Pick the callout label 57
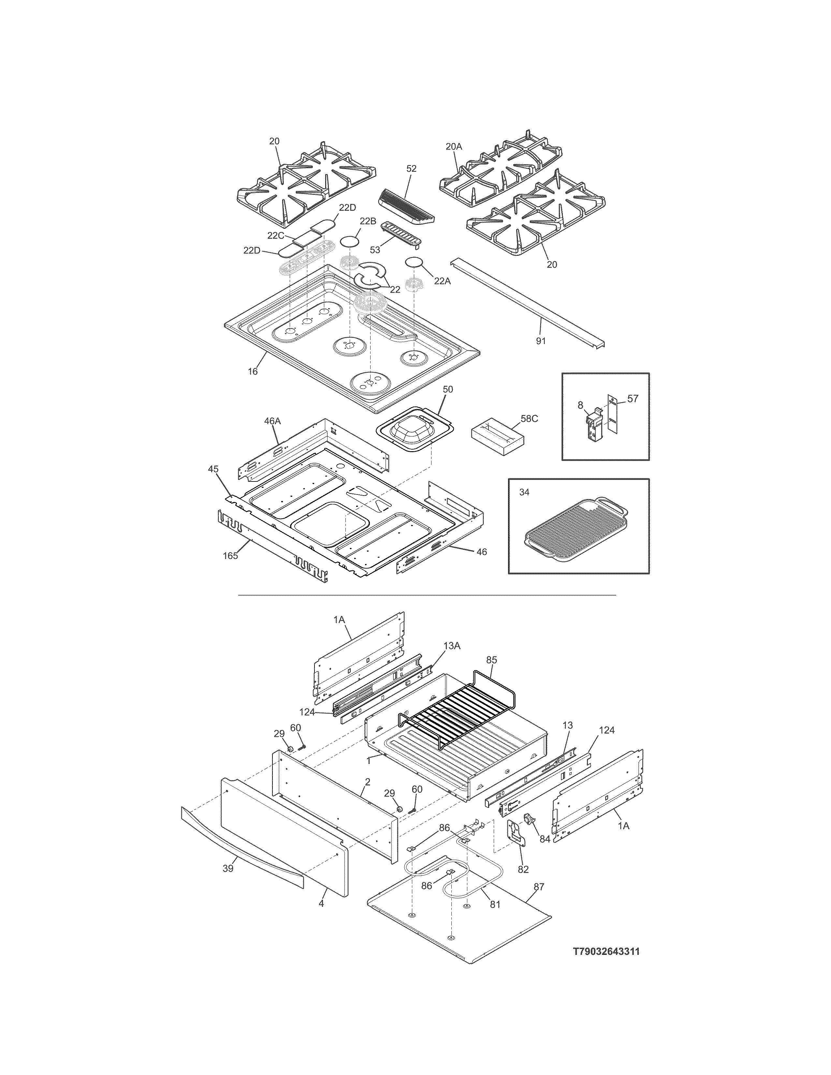[633, 399]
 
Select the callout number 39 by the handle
[227, 869]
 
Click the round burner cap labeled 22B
[349, 242]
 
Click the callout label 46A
[272, 421]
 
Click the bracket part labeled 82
[516, 832]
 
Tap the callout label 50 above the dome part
[448, 389]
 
